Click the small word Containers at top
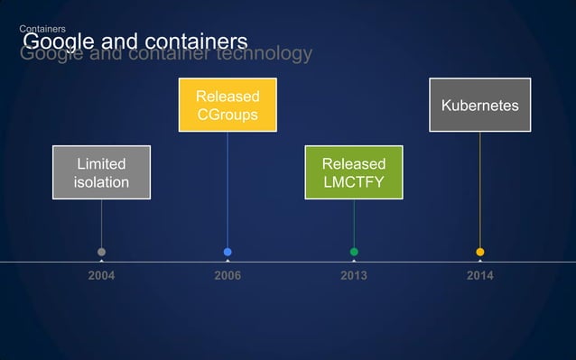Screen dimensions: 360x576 pos(41,30)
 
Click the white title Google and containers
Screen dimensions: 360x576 pos(134,42)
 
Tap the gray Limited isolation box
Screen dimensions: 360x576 pos(101,172)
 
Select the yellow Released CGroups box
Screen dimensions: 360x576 pos(228,106)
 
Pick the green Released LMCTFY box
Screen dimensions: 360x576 pos(353,172)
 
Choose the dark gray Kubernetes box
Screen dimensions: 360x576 pos(479,106)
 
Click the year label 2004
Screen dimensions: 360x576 pos(101,275)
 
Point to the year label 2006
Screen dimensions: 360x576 pos(228,275)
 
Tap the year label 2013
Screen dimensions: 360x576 pos(353,275)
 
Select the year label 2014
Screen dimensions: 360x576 pos(479,275)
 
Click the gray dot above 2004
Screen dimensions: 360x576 pos(101,252)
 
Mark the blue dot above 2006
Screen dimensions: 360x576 pos(228,252)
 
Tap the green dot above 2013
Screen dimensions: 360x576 pos(354,252)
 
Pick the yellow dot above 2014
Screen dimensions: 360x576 pos(479,252)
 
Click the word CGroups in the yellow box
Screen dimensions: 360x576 pos(228,115)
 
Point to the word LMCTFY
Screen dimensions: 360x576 pos(353,182)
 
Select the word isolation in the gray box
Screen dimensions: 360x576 pos(101,182)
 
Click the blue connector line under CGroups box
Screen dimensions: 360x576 pos(228,189)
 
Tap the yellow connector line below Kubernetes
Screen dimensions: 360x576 pos(479,189)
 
